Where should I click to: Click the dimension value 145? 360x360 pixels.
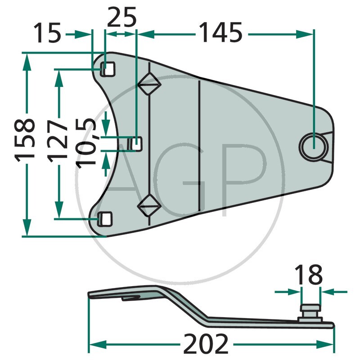[220, 34]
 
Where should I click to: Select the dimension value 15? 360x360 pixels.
[48, 34]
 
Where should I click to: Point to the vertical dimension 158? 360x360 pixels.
[25, 139]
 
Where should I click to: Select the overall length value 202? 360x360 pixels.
[206, 345]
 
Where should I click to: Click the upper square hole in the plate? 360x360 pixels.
[107, 69]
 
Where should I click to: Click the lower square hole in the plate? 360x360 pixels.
[105, 219]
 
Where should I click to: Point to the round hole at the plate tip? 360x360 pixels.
[314, 145]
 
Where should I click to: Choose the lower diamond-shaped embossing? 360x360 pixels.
[149, 207]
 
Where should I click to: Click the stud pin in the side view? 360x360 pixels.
[310, 310]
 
